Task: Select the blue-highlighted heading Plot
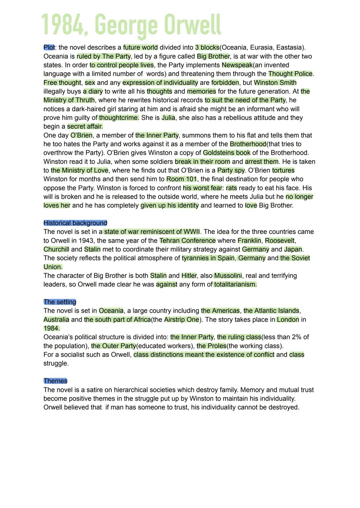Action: [x=49, y=47]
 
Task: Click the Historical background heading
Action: [x=75, y=223]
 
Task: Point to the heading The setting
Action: [x=60, y=302]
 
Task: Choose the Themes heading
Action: [x=55, y=381]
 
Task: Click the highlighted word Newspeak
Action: [x=237, y=65]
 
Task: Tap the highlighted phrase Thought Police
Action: [x=290, y=74]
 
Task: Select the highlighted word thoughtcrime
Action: [x=119, y=118]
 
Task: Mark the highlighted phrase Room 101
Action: [x=182, y=179]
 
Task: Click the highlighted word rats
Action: [x=231, y=188]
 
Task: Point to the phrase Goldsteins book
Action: [x=227, y=153]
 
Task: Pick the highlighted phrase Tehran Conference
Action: [x=187, y=241]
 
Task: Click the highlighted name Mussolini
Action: [x=228, y=275]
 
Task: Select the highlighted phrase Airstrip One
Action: [x=182, y=319]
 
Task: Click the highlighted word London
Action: [x=288, y=319]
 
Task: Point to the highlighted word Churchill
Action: [x=56, y=249]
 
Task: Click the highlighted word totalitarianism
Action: [x=235, y=284]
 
